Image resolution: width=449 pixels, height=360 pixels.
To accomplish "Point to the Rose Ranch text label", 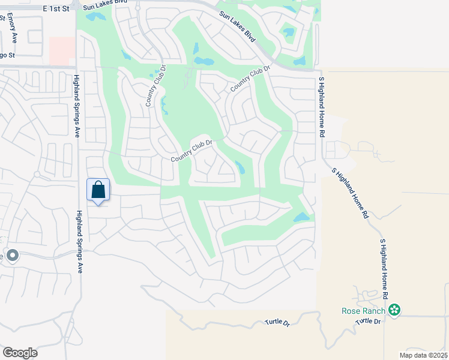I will click(364, 311).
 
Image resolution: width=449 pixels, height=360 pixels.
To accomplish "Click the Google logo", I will click(20, 353).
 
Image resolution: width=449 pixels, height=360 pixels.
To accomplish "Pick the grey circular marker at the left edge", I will click(13, 256).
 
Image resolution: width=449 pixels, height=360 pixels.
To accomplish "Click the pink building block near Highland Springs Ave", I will click(62, 50).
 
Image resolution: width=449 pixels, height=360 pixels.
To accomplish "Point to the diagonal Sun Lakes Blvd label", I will click(237, 26).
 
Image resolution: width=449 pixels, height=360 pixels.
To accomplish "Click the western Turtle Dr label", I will click(277, 323).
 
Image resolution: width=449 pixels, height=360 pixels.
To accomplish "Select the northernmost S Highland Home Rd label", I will click(321, 107).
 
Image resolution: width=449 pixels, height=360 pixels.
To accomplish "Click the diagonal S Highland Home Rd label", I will click(349, 192).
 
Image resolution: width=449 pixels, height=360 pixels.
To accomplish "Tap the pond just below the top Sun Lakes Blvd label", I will click(95, 17).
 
